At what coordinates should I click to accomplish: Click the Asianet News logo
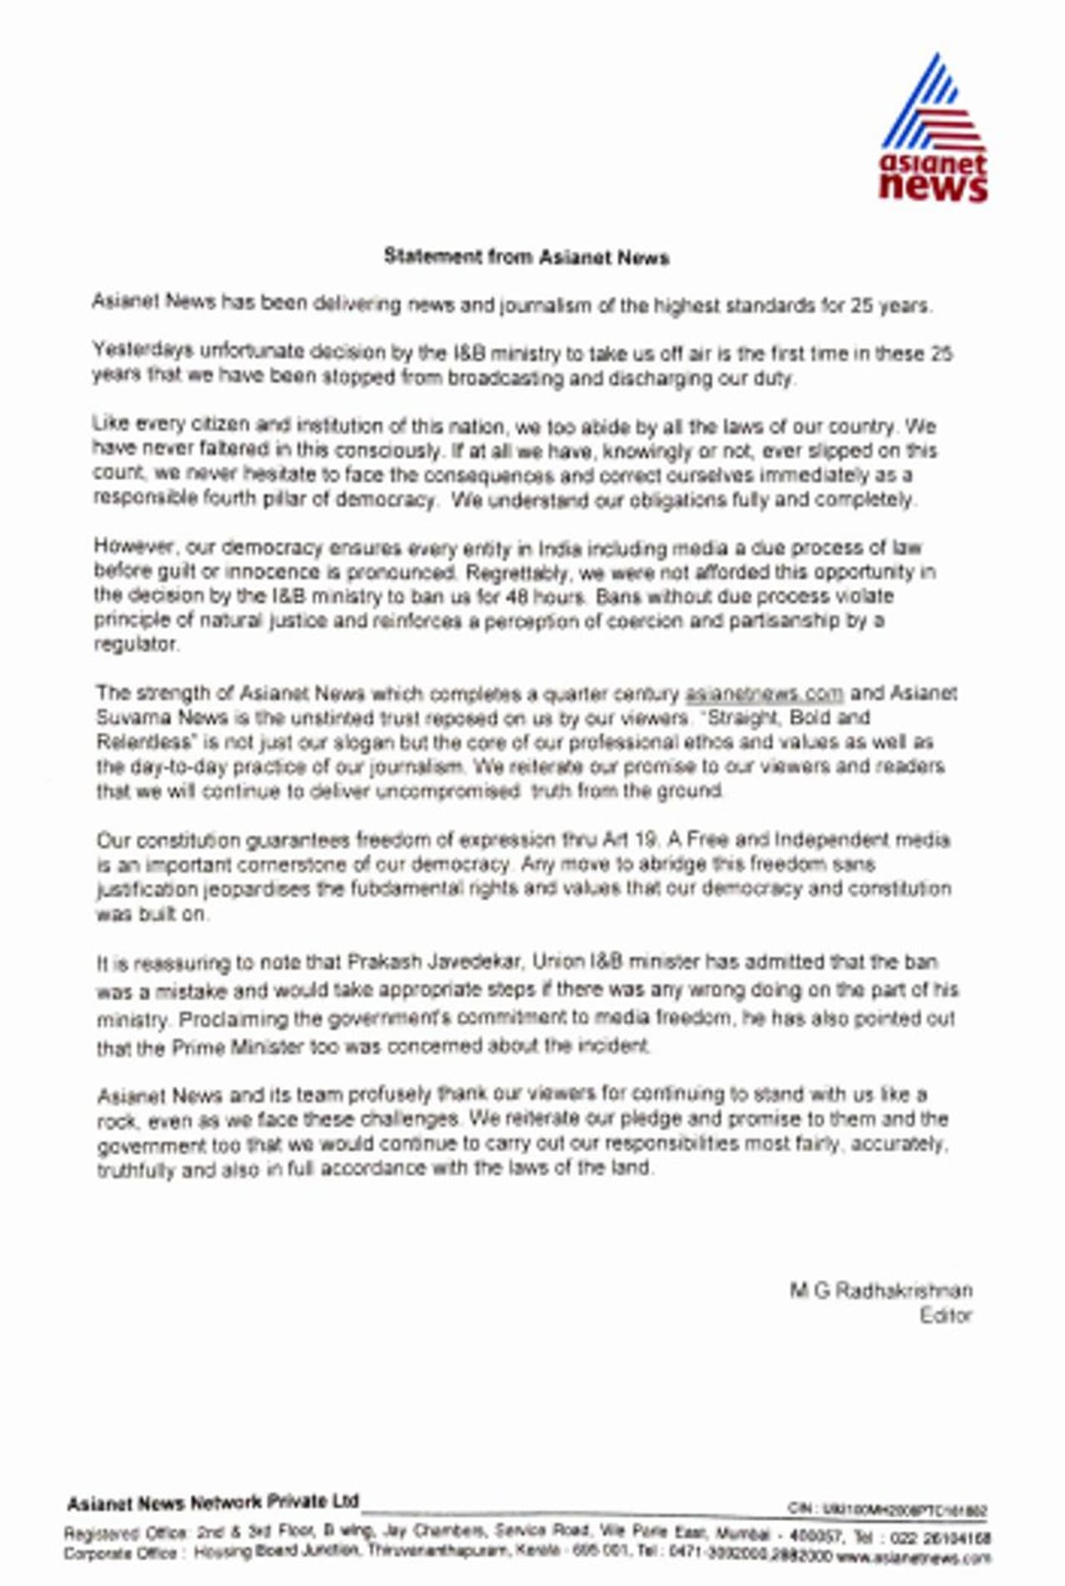point(934,130)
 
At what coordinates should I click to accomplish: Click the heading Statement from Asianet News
point(526,257)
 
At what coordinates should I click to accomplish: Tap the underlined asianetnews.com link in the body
point(764,693)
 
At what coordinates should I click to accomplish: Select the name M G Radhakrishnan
point(880,1291)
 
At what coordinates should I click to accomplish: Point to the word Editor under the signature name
point(946,1316)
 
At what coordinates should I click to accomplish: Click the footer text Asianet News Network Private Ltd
point(212,1502)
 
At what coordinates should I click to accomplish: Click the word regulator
point(136,644)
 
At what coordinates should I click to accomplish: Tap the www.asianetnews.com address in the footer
point(914,1556)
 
